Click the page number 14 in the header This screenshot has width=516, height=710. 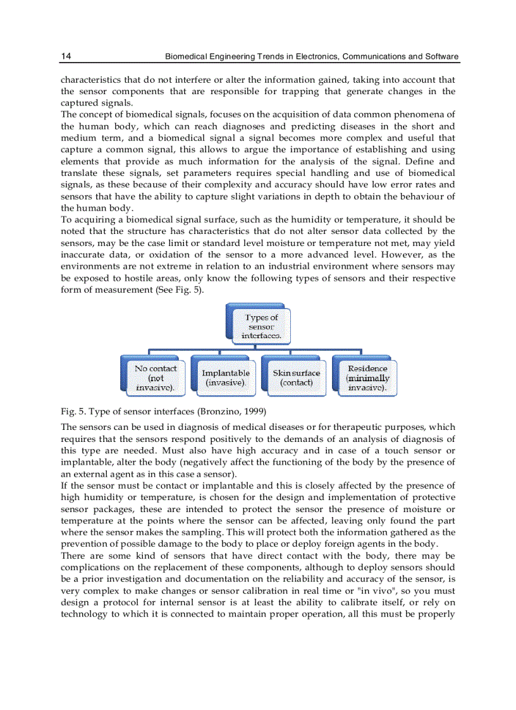66,56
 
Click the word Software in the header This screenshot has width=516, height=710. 441,56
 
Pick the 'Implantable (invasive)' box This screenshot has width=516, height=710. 226,377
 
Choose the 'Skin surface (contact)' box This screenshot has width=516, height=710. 297,377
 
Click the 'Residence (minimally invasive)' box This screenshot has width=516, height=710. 367,377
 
